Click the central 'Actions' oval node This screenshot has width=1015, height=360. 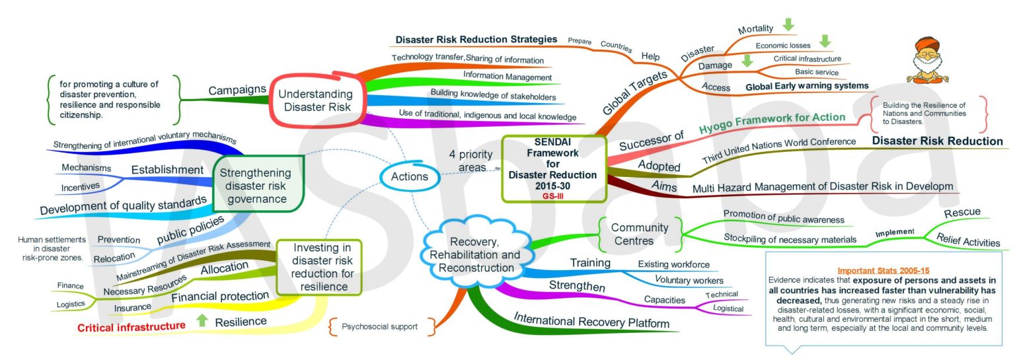(409, 176)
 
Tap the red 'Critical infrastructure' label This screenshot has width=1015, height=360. (132, 326)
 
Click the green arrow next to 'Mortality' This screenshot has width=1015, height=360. (787, 26)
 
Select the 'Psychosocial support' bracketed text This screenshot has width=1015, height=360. (379, 326)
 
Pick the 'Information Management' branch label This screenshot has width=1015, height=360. (507, 77)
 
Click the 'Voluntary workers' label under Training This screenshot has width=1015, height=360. (689, 280)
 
